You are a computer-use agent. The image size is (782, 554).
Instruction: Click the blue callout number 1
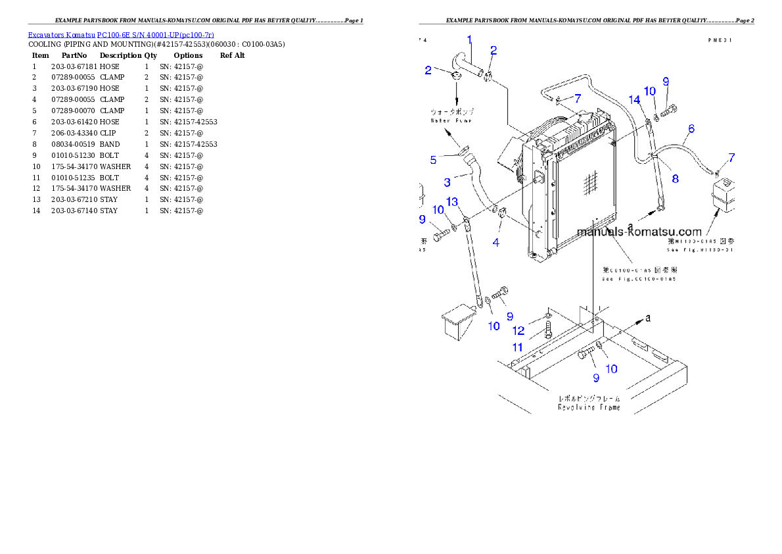pyautogui.click(x=469, y=40)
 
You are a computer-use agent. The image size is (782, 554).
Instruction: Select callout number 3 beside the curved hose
pyautogui.click(x=447, y=182)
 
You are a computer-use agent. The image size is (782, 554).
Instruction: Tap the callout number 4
pyautogui.click(x=495, y=242)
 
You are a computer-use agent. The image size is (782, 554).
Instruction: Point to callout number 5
pyautogui.click(x=433, y=160)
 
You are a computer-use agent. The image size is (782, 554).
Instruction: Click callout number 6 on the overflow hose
pyautogui.click(x=691, y=128)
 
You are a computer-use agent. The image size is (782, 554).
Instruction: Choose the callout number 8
pyautogui.click(x=675, y=178)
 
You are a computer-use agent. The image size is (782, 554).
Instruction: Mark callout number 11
pyautogui.click(x=518, y=347)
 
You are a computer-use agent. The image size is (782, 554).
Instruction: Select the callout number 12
pyautogui.click(x=518, y=331)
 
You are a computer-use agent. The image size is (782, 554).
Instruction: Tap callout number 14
pyautogui.click(x=634, y=100)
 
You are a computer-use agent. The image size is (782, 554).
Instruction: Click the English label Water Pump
pyautogui.click(x=451, y=120)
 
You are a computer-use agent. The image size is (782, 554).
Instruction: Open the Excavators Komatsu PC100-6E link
pyautogui.click(x=121, y=34)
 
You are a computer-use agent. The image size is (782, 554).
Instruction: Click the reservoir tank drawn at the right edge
pyautogui.click(x=723, y=195)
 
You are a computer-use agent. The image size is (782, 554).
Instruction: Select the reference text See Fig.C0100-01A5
pyautogui.click(x=639, y=279)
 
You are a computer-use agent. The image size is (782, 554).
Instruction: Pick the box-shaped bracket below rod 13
pyautogui.click(x=459, y=324)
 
